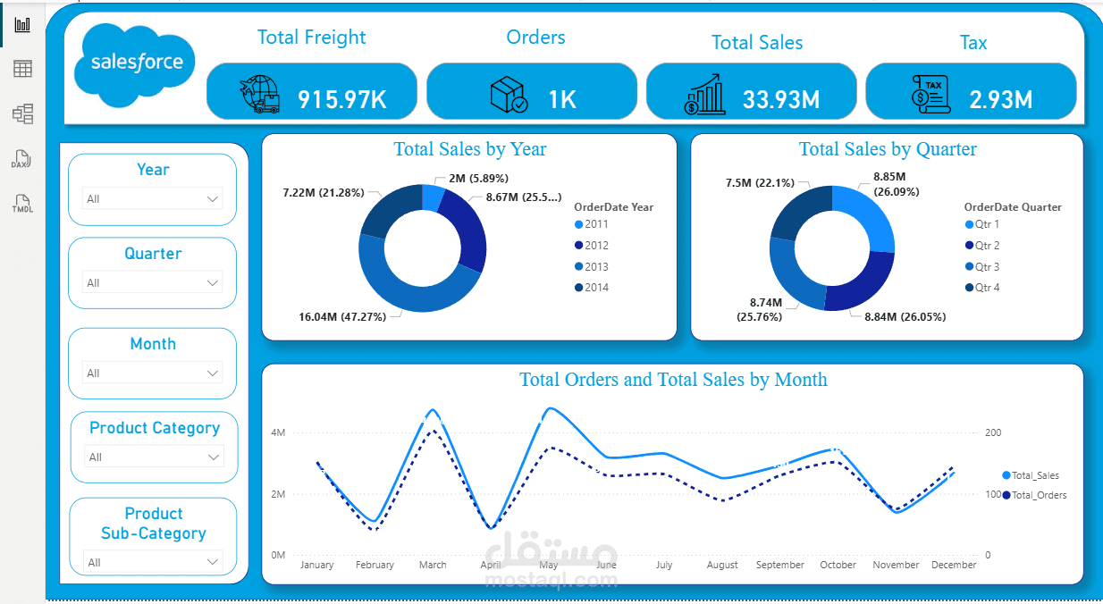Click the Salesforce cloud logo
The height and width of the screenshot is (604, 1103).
pyautogui.click(x=134, y=65)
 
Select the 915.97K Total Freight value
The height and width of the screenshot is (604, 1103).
pyautogui.click(x=341, y=99)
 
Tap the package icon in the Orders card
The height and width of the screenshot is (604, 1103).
pyautogui.click(x=509, y=95)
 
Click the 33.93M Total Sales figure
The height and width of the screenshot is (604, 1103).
pyautogui.click(x=781, y=99)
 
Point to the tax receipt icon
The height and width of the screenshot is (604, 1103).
pyautogui.click(x=930, y=94)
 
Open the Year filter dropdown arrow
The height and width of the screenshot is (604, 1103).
pyautogui.click(x=212, y=199)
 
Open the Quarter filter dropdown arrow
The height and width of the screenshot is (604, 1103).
pyautogui.click(x=212, y=283)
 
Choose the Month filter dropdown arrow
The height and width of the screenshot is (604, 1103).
pyautogui.click(x=212, y=373)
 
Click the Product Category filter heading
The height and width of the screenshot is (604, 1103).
pyautogui.click(x=155, y=428)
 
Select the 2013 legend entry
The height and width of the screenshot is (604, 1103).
pyautogui.click(x=592, y=266)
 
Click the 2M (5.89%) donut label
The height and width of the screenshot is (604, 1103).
pyautogui.click(x=478, y=178)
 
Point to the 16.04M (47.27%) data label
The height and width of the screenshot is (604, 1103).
pyautogui.click(x=342, y=316)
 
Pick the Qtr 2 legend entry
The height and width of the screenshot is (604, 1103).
pyautogui.click(x=982, y=245)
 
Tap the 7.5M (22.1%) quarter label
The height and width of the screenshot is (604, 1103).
pyautogui.click(x=760, y=182)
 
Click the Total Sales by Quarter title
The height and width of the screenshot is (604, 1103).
pyautogui.click(x=888, y=148)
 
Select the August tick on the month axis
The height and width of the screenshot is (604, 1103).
pyautogui.click(x=722, y=565)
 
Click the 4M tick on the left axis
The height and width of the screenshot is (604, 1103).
pyautogui.click(x=278, y=432)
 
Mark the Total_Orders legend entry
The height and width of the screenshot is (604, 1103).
pyautogui.click(x=1034, y=495)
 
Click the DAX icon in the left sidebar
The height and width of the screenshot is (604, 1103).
pyautogui.click(x=21, y=159)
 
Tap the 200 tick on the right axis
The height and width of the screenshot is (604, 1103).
pyautogui.click(x=993, y=432)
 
